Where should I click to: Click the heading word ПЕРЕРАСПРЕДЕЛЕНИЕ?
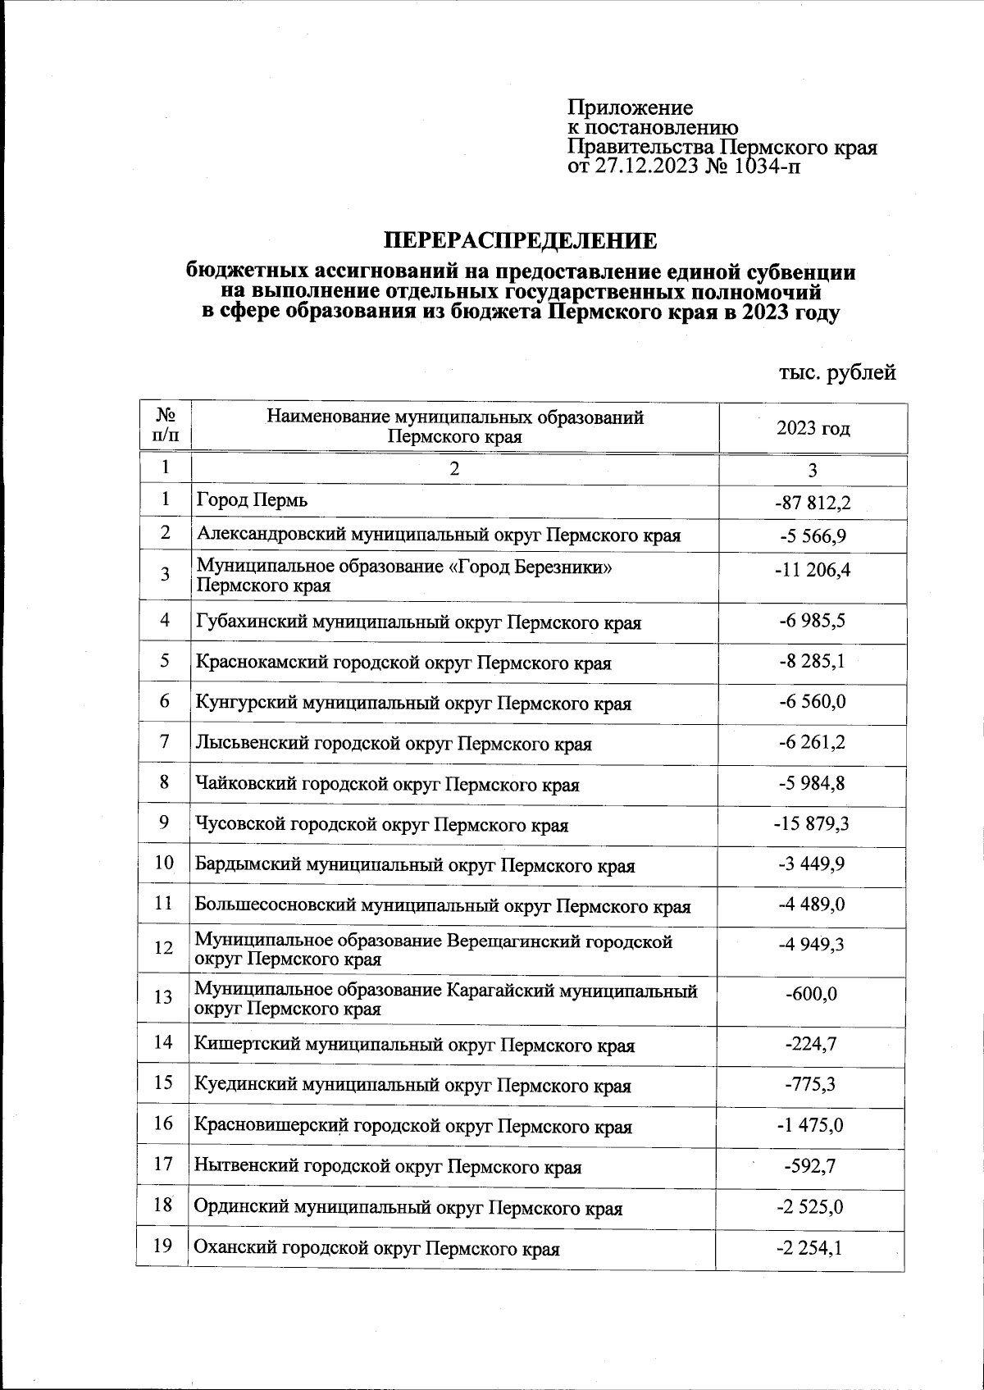pyautogui.click(x=522, y=241)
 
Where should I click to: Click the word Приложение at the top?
pyautogui.click(x=631, y=107)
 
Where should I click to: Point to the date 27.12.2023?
pyautogui.click(x=646, y=167)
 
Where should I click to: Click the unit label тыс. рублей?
pyautogui.click(x=836, y=372)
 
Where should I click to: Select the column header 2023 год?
pyautogui.click(x=813, y=428)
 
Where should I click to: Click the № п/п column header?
pyautogui.click(x=166, y=426)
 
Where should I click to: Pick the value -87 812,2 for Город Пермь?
pyautogui.click(x=812, y=502)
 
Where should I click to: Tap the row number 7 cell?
pyautogui.click(x=165, y=742)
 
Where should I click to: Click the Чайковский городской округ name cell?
pyautogui.click(x=387, y=785)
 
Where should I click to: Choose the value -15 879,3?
pyautogui.click(x=811, y=823)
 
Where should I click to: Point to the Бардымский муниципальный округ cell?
pyautogui.click(x=414, y=866)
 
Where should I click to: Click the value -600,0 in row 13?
pyautogui.click(x=811, y=994)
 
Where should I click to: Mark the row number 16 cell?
pyautogui.click(x=163, y=1123)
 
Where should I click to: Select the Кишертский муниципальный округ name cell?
pyautogui.click(x=414, y=1046)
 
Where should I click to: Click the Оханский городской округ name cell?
pyautogui.click(x=376, y=1250)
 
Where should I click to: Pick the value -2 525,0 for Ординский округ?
pyautogui.click(x=810, y=1207)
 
